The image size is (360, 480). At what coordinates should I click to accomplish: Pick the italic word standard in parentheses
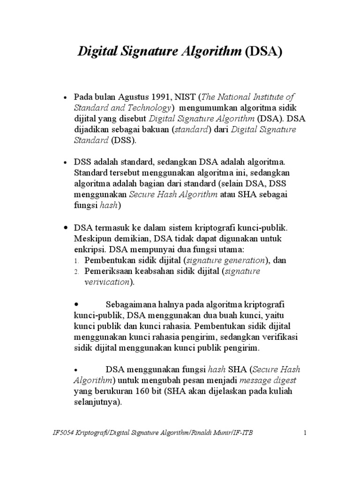[x=190, y=129]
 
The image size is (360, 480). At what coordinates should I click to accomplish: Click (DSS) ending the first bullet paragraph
[x=123, y=140]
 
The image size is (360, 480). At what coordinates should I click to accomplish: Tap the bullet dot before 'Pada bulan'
[x=65, y=97]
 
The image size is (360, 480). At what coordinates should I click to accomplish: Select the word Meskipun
[x=91, y=238]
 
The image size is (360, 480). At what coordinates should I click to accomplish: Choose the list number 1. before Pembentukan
[x=77, y=260]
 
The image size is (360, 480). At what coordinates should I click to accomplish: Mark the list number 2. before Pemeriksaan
[x=77, y=271]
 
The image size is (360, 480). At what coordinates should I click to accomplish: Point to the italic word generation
[x=243, y=260]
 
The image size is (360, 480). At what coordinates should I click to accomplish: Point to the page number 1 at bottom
[x=304, y=432]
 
